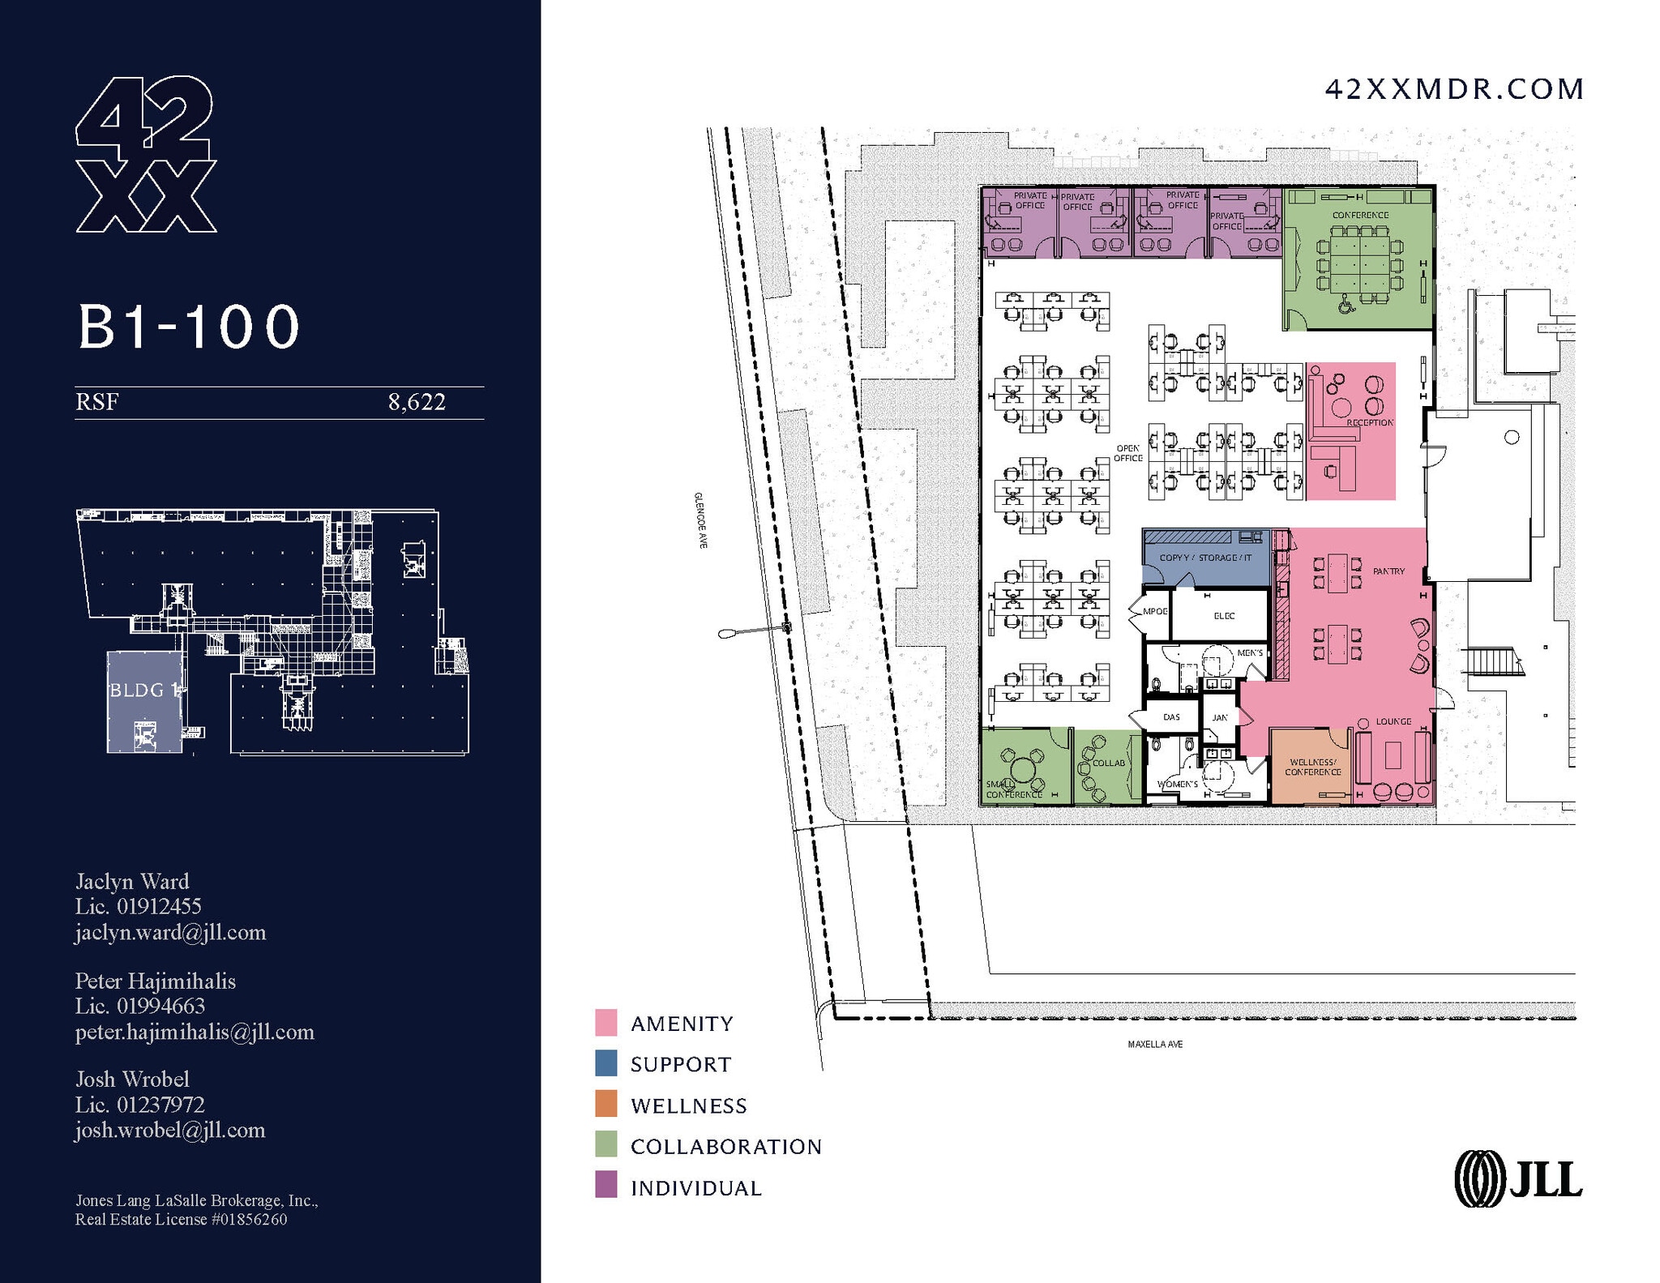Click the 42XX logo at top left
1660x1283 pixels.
click(x=146, y=155)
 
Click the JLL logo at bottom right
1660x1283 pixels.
click(x=1518, y=1179)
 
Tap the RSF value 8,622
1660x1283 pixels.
click(x=417, y=402)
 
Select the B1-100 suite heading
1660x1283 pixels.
click(x=189, y=327)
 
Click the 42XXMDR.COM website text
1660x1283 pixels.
click(x=1454, y=89)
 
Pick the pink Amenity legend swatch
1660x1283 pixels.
click(x=605, y=1023)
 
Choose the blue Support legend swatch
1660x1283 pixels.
click(x=605, y=1063)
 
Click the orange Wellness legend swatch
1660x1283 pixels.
click(x=605, y=1105)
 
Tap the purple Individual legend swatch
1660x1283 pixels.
click(x=605, y=1187)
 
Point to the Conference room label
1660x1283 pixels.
click(x=1360, y=216)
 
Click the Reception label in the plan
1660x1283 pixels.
click(x=1370, y=423)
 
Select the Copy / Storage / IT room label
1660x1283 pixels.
click(x=1205, y=558)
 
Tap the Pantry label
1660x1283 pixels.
click(x=1388, y=571)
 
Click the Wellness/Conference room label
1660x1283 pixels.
click(x=1312, y=767)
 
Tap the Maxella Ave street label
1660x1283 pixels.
click(x=1155, y=1045)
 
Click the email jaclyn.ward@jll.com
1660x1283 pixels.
click(x=171, y=933)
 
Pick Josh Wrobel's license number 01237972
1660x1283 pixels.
click(x=160, y=1105)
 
